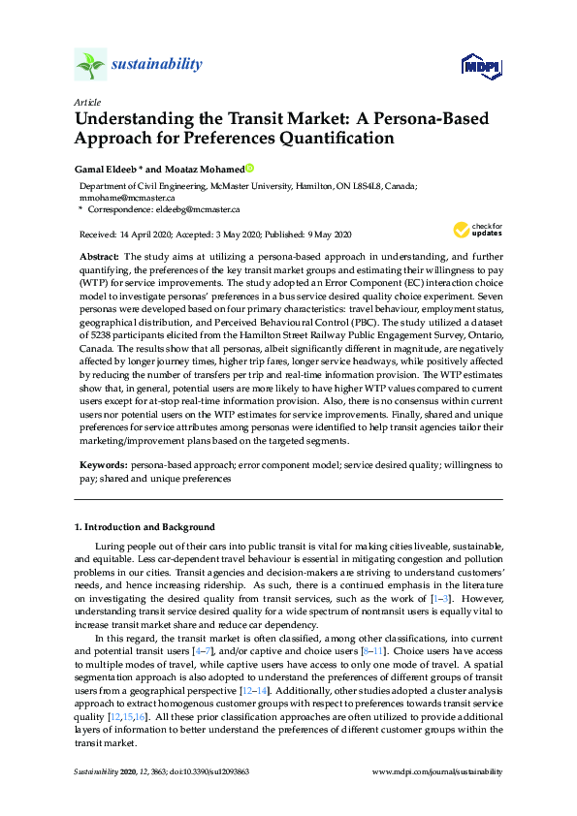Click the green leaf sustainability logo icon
pyautogui.click(x=90, y=65)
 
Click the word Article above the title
pyautogui.click(x=86, y=102)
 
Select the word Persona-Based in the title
pyautogui.click(x=426, y=119)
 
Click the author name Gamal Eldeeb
pyautogui.click(x=106, y=167)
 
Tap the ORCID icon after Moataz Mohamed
pyautogui.click(x=248, y=167)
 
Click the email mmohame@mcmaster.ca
pyautogui.click(x=113, y=196)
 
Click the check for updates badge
pyautogui.click(x=474, y=231)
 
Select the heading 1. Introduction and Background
pyautogui.click(x=144, y=527)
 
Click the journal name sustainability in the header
pyautogui.click(x=159, y=65)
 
